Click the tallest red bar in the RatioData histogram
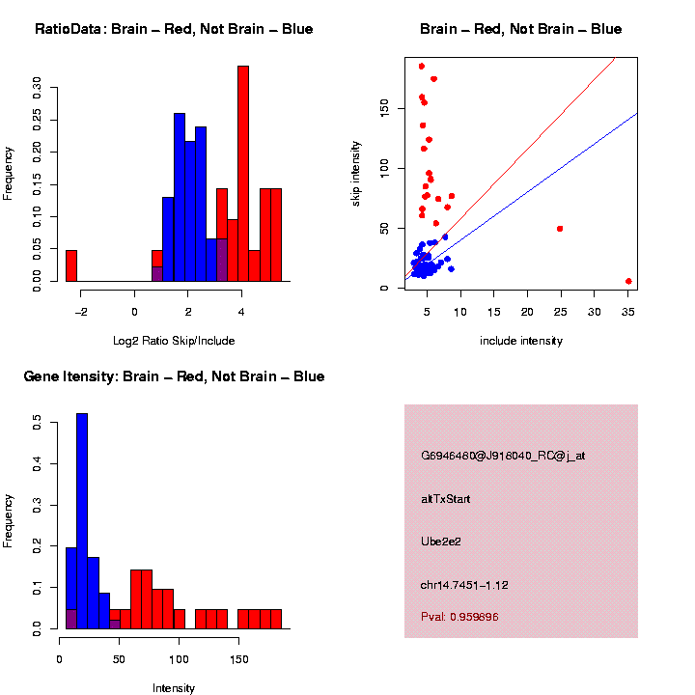(x=243, y=174)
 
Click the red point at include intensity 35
(x=628, y=281)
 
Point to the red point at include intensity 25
(x=560, y=229)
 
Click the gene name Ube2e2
(x=441, y=542)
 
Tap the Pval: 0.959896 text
(x=459, y=616)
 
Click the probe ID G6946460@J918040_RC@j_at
(x=502, y=456)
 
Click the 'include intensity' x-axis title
(x=520, y=340)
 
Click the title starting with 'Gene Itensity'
(x=174, y=376)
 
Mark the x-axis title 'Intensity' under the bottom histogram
(x=174, y=688)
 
